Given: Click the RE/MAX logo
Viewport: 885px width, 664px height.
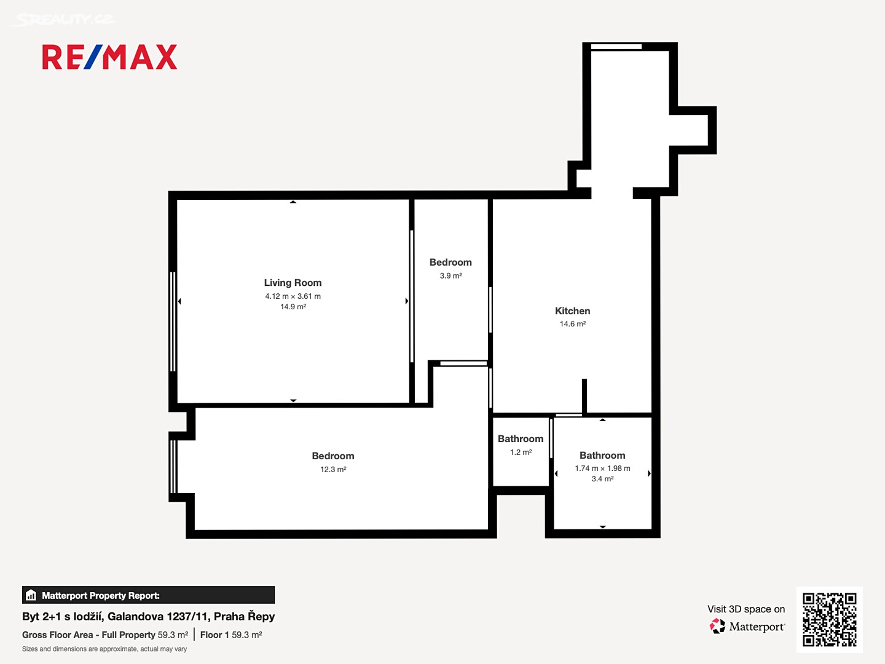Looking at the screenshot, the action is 109,57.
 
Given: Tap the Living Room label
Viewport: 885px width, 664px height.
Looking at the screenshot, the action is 293,283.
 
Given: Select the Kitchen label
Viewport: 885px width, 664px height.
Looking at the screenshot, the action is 573,311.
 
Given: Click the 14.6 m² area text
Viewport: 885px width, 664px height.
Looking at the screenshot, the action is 573,324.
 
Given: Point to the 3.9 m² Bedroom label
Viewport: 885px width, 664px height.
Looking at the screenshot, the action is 450,263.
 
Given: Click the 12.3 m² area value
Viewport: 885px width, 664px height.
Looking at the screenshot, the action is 333,469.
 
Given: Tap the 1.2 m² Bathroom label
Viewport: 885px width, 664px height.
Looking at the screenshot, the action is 521,438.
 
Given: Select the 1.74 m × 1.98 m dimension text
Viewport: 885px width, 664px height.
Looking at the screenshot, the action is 602,468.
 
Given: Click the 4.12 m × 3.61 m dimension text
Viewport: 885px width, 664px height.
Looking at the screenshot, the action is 293,296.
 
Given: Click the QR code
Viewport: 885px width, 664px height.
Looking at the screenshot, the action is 829,620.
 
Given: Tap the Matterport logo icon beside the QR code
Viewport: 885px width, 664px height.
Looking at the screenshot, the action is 717,626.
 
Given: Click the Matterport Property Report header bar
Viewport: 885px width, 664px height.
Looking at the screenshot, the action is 148,595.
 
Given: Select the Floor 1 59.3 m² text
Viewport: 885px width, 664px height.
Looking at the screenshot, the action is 231,635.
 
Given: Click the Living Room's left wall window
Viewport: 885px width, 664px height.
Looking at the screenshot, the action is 173,322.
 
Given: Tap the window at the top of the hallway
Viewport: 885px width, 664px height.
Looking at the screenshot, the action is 616,47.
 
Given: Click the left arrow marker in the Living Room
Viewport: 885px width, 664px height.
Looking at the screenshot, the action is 179,301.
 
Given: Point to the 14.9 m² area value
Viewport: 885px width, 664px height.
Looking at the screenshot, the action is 293,307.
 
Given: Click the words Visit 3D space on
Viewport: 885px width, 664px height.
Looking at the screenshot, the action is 746,609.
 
